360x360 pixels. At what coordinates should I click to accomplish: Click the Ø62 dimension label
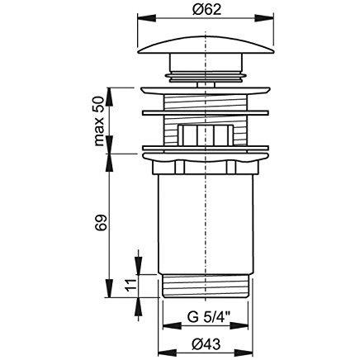coord(207,10)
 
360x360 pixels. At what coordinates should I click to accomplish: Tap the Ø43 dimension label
coord(206,344)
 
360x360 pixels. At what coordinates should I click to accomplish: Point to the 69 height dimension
coord(101,222)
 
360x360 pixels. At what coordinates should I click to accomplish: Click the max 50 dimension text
coord(99,121)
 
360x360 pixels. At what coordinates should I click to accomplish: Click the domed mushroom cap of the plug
coord(206,45)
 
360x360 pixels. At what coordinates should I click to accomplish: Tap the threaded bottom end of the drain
coord(206,287)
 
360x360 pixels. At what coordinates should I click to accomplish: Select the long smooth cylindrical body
coord(206,225)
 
